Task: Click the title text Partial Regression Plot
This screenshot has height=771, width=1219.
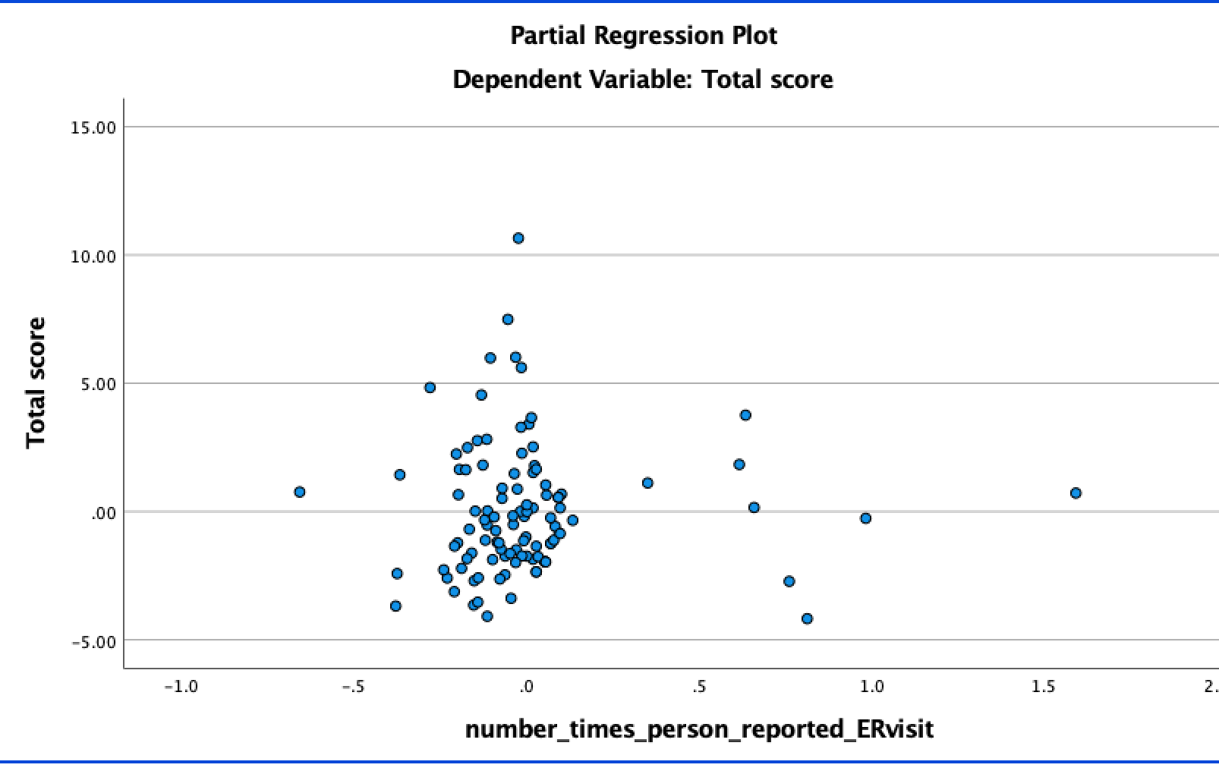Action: point(643,36)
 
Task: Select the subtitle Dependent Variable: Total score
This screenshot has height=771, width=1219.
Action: point(642,80)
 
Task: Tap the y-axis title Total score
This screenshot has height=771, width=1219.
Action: point(36,382)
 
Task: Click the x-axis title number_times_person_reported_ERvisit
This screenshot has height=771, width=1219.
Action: point(698,729)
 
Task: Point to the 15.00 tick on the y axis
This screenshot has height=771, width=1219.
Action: point(93,127)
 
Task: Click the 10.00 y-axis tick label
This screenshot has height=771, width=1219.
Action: point(93,256)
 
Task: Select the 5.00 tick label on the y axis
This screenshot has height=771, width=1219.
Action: point(97,384)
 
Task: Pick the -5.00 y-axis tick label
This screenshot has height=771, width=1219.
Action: point(93,641)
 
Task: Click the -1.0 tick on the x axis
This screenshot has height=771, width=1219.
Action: point(181,688)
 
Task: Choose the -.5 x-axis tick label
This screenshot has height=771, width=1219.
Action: point(354,688)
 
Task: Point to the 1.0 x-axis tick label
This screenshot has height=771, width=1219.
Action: point(871,688)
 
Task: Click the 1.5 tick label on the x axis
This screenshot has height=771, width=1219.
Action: point(1044,688)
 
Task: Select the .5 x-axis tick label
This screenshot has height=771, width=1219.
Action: point(699,688)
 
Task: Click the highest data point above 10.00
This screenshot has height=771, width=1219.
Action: point(518,238)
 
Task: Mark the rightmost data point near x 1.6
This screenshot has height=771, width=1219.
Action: point(1076,493)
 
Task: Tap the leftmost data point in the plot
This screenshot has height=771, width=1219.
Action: point(300,492)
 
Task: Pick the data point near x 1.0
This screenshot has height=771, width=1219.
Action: point(865,518)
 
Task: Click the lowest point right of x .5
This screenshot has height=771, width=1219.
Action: point(807,618)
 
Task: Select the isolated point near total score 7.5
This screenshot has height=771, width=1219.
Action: point(508,319)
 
